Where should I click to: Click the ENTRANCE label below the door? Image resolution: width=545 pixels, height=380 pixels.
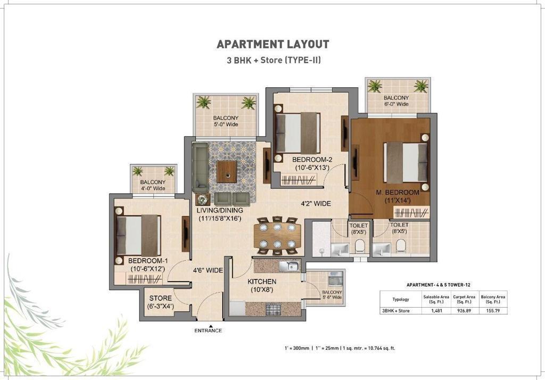(x=208, y=331)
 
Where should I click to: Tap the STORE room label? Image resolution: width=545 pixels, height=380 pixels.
(x=161, y=298)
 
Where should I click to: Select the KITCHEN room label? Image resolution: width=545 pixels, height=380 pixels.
(x=262, y=282)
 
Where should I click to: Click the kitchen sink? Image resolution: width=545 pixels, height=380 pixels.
(x=289, y=266)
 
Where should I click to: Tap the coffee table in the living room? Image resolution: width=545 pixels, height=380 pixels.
(x=227, y=171)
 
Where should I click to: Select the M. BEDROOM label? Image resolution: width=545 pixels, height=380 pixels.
(x=398, y=193)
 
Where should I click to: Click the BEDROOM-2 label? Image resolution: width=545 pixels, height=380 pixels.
(x=312, y=160)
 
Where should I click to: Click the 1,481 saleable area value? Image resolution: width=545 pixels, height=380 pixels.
(x=436, y=311)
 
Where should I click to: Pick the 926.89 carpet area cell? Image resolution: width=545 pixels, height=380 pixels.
(x=464, y=311)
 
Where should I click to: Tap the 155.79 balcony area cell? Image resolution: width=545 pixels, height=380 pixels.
(x=492, y=311)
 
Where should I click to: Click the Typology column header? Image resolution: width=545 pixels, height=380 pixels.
(x=400, y=299)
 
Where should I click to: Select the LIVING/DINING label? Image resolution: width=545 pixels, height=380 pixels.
(x=220, y=210)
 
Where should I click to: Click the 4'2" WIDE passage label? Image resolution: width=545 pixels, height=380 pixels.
(x=316, y=203)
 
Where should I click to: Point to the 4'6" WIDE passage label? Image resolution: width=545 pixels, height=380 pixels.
(x=208, y=270)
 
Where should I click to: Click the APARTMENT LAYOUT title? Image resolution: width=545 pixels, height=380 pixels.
(x=273, y=44)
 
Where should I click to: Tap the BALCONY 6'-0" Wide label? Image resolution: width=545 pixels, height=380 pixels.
(x=396, y=101)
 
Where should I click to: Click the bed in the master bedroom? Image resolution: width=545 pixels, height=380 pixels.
(x=406, y=162)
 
